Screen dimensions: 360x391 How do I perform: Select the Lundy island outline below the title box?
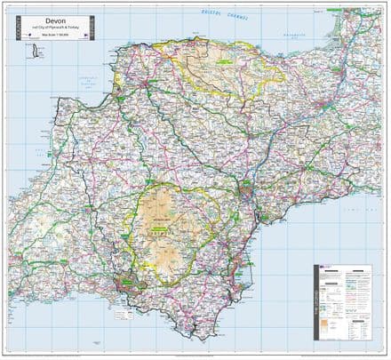click(36, 53)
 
